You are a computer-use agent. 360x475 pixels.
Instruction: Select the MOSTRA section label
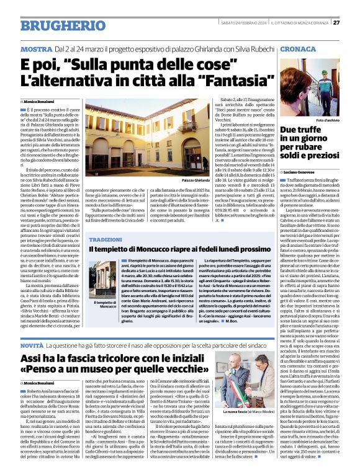(37, 48)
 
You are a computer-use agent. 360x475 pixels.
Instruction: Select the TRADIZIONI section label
(106, 239)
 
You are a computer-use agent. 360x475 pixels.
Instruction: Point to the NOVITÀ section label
(31, 344)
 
